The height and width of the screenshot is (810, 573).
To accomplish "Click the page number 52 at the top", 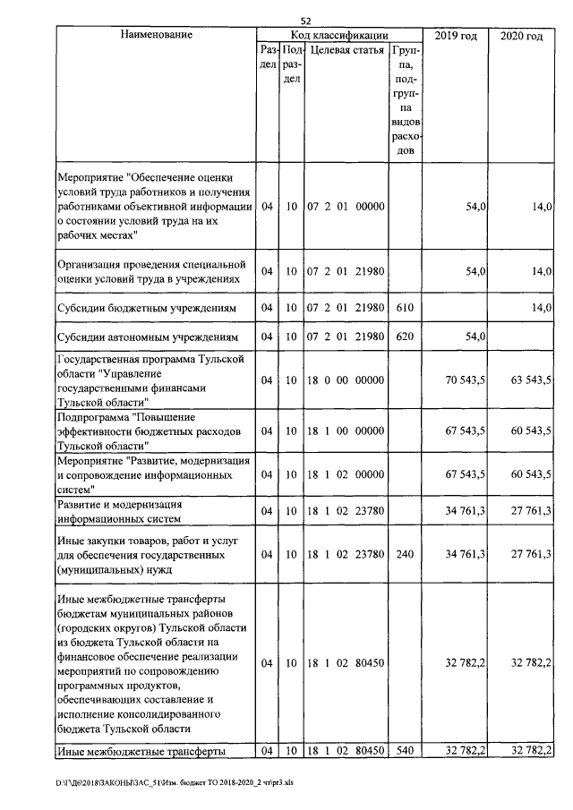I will click(x=305, y=20).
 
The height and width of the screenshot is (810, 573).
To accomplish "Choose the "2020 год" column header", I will click(x=522, y=35).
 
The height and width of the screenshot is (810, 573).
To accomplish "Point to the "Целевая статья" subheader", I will click(x=346, y=52).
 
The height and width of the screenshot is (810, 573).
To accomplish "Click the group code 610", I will click(x=404, y=307).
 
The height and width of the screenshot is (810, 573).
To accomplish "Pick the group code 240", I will click(x=404, y=555).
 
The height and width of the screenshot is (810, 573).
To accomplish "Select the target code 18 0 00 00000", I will click(x=346, y=380).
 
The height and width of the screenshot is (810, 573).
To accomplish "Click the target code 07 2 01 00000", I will click(x=346, y=207).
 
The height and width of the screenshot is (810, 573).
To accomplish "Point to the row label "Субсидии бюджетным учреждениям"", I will click(x=146, y=307).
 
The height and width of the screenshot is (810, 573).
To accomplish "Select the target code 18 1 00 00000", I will click(x=346, y=431).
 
